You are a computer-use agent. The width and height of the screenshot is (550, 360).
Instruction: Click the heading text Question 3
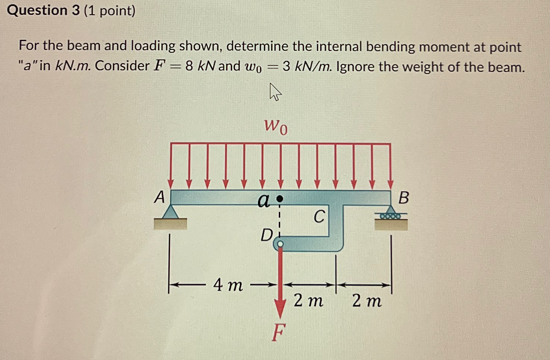coord(43,10)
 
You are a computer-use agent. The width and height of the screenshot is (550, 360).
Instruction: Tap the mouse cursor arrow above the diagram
coord(275,92)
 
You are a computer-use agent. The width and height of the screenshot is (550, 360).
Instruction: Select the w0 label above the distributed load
coord(276,126)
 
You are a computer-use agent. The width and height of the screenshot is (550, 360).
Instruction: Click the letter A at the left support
coord(160,197)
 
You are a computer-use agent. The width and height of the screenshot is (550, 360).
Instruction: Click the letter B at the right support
coord(404,197)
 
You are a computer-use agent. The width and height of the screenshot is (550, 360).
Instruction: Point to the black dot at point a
coord(280,198)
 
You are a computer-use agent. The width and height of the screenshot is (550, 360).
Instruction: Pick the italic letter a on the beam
coord(263,200)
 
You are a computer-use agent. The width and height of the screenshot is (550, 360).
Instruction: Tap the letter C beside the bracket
coord(319,217)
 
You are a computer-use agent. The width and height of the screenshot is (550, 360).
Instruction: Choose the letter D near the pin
coord(267,235)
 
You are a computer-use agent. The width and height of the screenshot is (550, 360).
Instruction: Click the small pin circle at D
coord(280,244)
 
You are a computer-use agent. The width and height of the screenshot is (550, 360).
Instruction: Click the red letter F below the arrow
coord(278,332)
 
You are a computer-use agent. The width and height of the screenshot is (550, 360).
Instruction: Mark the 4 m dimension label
coord(228,285)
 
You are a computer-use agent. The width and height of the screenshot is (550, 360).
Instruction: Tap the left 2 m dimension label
coord(308,301)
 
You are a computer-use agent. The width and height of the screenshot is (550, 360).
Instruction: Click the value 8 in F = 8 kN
coord(189,66)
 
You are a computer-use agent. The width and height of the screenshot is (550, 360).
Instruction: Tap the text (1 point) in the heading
coord(110,11)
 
